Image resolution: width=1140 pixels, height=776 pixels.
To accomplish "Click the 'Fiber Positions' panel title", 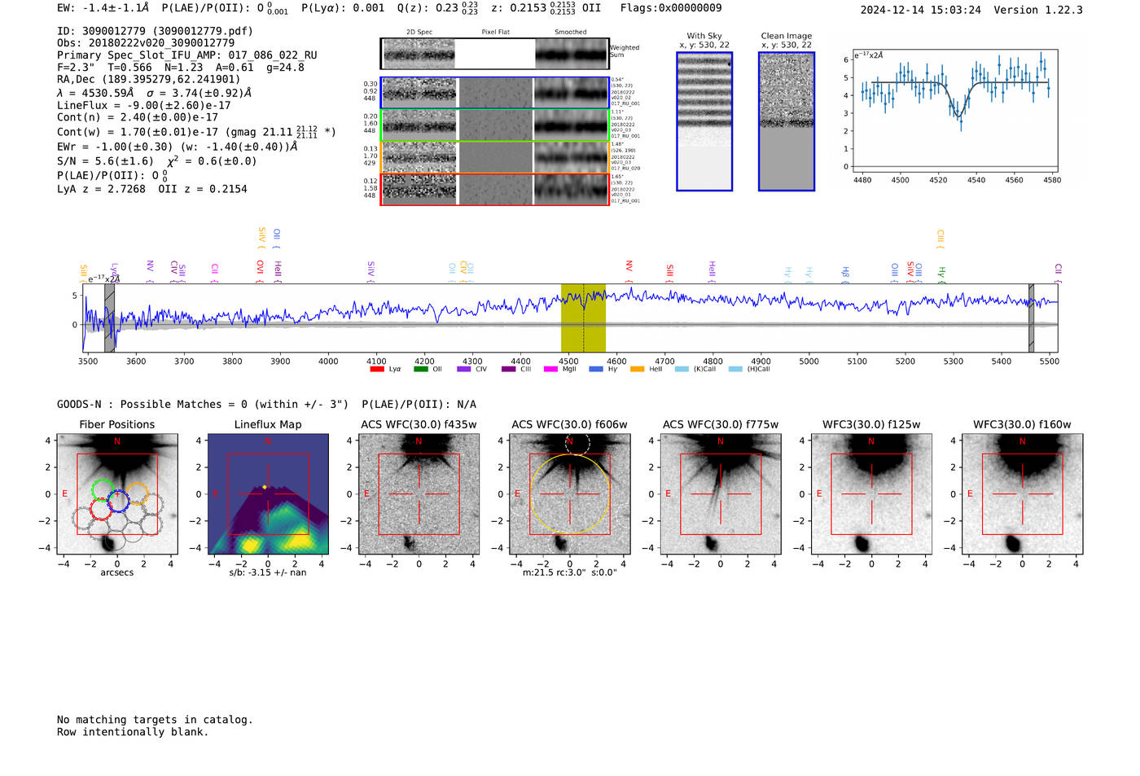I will click(x=116, y=424).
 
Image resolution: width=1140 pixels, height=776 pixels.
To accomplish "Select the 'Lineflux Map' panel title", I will click(x=268, y=424).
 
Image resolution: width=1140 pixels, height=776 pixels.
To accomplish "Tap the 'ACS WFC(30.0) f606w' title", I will click(x=569, y=424).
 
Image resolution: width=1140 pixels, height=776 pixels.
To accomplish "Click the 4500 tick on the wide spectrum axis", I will click(x=568, y=362).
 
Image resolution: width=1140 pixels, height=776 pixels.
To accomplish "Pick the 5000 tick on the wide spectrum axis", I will click(x=809, y=362).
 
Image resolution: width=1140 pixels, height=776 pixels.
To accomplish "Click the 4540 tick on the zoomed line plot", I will click(x=976, y=180).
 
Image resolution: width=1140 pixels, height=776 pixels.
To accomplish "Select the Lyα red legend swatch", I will click(x=377, y=370).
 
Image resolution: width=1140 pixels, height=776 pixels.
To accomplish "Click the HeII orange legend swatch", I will click(x=637, y=370).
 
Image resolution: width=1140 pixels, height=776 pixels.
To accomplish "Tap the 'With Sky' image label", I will click(x=704, y=36).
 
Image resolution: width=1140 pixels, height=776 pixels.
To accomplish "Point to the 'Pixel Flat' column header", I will click(x=495, y=33).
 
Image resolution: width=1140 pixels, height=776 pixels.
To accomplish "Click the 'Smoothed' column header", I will click(x=570, y=33).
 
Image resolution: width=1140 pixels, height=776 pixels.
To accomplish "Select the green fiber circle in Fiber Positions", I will click(x=102, y=490).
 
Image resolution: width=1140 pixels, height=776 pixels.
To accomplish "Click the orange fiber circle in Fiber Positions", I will click(x=137, y=493).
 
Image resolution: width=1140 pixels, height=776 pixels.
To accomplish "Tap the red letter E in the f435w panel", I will click(x=366, y=494).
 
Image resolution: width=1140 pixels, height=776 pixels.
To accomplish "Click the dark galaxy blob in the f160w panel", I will click(x=1013, y=543).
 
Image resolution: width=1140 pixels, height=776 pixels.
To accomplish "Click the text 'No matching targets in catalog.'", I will click(x=155, y=720).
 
